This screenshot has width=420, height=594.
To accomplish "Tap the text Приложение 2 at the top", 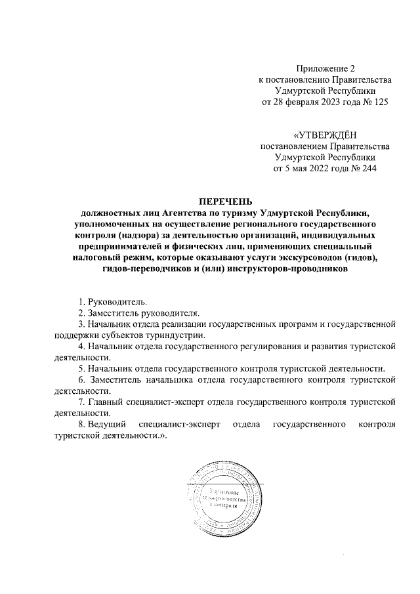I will (x=325, y=69).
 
